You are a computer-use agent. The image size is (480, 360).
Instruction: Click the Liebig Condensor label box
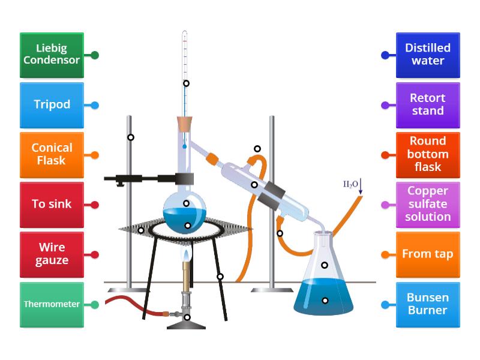click(52, 55)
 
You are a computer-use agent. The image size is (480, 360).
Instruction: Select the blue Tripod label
click(52, 105)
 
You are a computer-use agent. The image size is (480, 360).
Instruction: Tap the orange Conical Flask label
click(52, 155)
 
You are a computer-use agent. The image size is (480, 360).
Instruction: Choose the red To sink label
click(52, 205)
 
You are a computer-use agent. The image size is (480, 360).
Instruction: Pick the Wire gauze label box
click(52, 254)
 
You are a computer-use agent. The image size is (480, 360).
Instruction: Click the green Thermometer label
click(52, 304)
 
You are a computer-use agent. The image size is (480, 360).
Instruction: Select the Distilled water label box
click(428, 55)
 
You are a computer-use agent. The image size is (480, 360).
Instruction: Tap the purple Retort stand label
click(428, 105)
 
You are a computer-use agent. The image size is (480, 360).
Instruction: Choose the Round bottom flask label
click(428, 155)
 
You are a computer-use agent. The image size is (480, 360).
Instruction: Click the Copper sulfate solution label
click(428, 205)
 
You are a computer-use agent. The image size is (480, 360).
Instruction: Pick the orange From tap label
click(428, 254)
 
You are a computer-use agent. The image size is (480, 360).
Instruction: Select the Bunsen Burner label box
click(428, 304)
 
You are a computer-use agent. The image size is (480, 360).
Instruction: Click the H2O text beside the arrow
click(350, 184)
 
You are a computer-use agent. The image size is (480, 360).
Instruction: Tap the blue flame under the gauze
click(187, 256)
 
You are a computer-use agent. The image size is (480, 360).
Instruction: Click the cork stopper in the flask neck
click(185, 124)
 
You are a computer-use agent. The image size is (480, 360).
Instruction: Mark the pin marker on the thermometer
click(186, 83)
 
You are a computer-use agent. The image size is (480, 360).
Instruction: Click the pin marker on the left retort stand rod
click(131, 137)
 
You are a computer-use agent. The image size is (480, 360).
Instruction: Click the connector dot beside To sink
click(95, 205)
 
